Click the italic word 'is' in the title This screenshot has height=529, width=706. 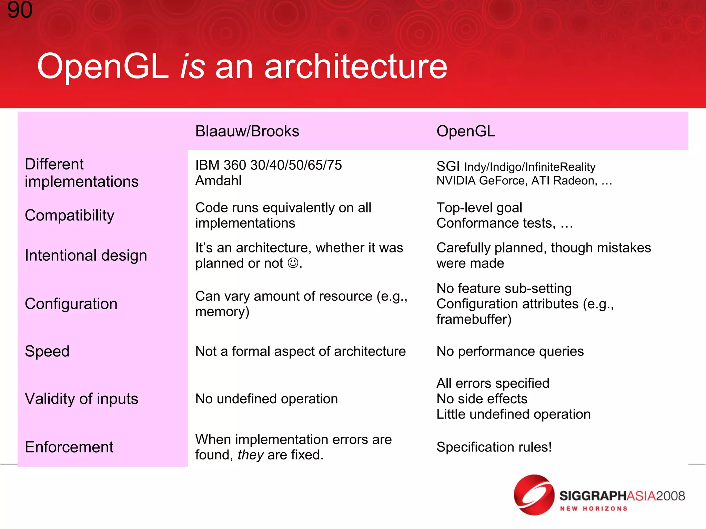click(192, 66)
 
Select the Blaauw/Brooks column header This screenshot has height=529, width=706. click(247, 131)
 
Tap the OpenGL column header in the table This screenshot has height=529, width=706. click(465, 131)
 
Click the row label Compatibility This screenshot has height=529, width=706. click(69, 216)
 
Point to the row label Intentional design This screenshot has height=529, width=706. click(86, 256)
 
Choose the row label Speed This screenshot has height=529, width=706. click(47, 351)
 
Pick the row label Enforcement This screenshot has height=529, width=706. click(69, 447)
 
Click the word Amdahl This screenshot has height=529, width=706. click(218, 181)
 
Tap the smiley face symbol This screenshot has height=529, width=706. click(293, 263)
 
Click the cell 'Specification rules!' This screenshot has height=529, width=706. click(494, 447)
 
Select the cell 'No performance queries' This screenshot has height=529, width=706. click(510, 351)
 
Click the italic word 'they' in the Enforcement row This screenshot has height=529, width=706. click(250, 455)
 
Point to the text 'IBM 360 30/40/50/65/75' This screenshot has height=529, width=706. click(268, 165)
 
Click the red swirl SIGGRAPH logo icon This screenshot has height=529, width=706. click(534, 495)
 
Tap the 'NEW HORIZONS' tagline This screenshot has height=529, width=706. click(593, 509)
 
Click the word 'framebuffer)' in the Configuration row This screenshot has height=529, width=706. click(474, 319)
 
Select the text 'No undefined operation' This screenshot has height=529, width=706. click(266, 399)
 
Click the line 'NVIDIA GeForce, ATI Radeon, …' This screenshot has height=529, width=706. click(524, 181)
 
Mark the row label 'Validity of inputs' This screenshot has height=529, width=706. click(81, 399)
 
